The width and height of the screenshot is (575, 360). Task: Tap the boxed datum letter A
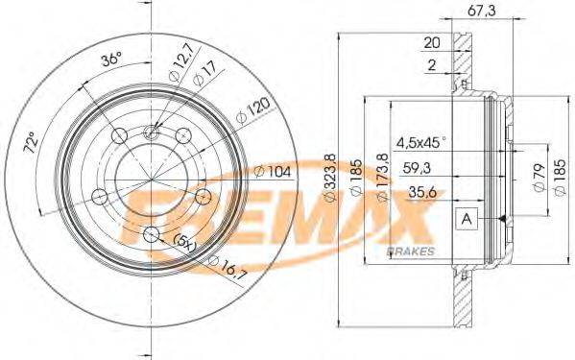coord(467,219)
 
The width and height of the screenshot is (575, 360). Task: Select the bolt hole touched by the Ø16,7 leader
coord(150,233)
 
